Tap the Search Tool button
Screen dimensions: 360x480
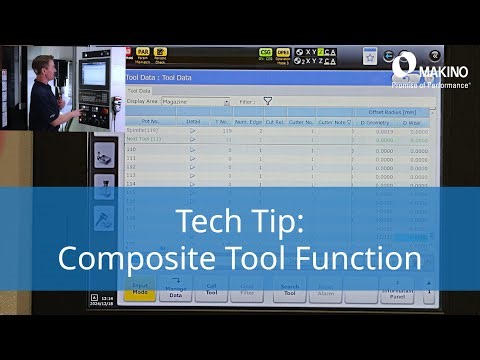pos(289,291)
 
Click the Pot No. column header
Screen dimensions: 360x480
pos(151,120)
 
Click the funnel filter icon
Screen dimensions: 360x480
pos(268,101)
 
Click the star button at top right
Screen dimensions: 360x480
pos(369,57)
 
